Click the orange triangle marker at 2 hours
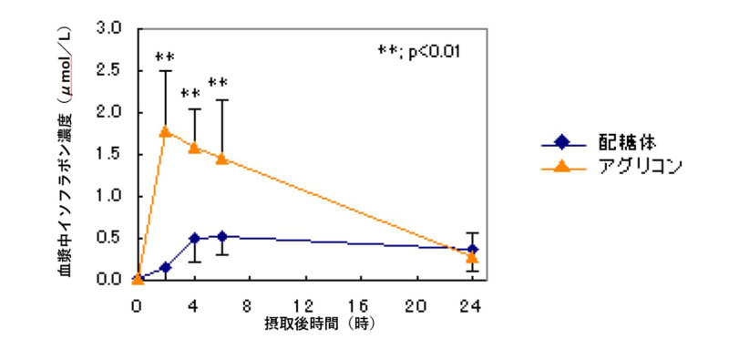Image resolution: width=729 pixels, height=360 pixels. click(166, 132)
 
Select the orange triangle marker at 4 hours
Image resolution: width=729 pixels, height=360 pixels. click(194, 148)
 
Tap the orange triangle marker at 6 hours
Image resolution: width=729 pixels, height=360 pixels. click(222, 159)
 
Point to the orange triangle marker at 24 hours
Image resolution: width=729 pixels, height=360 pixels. click(472, 257)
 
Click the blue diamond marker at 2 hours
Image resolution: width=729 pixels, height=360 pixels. click(166, 267)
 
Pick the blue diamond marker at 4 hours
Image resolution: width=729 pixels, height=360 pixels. click(194, 239)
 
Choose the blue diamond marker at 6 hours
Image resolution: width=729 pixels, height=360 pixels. click(222, 237)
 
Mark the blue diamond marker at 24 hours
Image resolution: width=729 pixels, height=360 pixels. click(472, 250)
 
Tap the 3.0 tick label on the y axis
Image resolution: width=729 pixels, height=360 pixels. click(109, 29)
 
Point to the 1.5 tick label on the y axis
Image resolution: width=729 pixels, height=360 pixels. click(109, 154)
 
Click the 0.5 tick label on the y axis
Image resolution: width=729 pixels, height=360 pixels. click(109, 238)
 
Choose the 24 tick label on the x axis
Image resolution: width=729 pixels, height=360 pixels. click(472, 306)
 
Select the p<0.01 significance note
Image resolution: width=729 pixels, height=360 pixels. click(419, 52)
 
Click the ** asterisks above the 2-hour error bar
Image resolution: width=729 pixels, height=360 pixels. click(165, 57)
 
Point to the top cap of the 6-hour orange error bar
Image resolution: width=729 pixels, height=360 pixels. click(222, 99)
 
